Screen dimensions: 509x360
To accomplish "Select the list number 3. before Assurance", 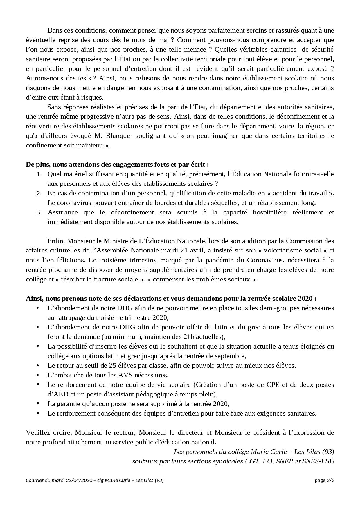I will (x=39, y=212).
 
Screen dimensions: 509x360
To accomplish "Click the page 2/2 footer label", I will (x=325, y=480).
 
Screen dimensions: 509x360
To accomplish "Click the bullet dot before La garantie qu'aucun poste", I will (x=38, y=404).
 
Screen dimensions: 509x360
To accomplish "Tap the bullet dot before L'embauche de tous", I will (x=38, y=375).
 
